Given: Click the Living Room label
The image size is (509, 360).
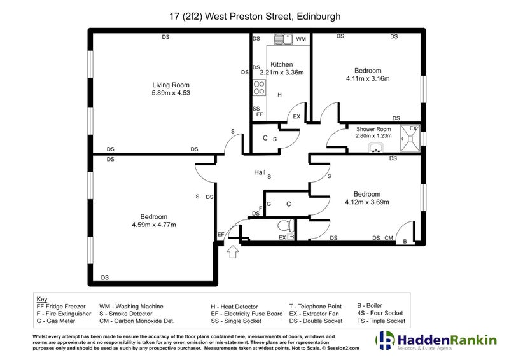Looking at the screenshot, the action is coord(171,85).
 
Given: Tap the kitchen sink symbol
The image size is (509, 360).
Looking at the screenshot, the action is coord(283,39).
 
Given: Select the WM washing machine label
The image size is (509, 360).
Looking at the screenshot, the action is coord(301,39).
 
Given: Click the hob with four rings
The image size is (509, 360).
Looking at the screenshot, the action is coord(259,88).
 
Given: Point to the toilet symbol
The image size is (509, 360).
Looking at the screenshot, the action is coord(285,225).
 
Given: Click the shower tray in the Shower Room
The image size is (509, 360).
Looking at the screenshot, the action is coord(410,139).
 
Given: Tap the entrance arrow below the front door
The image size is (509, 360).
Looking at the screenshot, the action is coord(233,252).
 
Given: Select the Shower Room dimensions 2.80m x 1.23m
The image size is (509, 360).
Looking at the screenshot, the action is coord(373,136).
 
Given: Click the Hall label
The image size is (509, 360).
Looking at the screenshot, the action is coord(260,172).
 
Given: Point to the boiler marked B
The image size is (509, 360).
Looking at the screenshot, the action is coord(405,242).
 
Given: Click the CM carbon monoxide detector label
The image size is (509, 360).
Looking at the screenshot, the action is coord(389,238).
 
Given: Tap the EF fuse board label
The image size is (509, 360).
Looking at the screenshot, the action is coord(221,234).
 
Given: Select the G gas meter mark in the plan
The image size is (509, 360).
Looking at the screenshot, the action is coord(268,204).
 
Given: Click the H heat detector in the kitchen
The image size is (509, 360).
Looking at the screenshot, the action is coord(279,95).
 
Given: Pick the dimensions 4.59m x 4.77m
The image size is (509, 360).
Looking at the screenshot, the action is coord(154,225).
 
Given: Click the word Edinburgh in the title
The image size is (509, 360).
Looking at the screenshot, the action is coord(319,17).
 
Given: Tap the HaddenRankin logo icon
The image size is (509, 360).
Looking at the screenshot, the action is coord(386,340).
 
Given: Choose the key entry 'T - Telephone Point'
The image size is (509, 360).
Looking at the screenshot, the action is coord(316,307).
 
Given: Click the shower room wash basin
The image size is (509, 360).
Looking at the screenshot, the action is coord(377,148).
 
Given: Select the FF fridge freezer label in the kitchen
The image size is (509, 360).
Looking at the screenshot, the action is coord(260,114).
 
